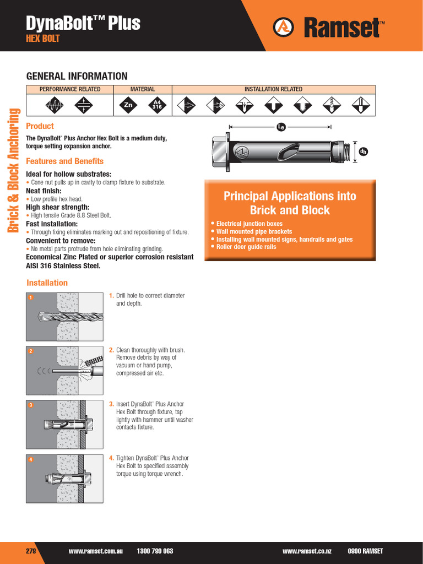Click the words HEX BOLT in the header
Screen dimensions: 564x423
click(x=43, y=39)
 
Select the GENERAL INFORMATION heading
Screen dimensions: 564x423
click(x=77, y=76)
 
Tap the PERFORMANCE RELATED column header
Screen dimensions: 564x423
click(x=70, y=89)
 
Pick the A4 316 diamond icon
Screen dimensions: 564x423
click(x=157, y=105)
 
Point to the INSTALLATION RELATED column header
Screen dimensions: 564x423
click(x=273, y=89)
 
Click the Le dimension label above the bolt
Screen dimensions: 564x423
click(x=281, y=127)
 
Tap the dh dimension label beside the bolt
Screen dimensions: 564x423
click(x=363, y=151)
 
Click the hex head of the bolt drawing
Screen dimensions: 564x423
click(x=219, y=152)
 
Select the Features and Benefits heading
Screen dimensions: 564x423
click(x=65, y=161)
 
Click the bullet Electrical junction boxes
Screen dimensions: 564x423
click(x=249, y=224)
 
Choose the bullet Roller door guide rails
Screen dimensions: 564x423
click(x=246, y=247)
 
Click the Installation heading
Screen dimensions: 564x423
click(x=47, y=283)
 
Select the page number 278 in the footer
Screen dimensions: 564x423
click(x=31, y=551)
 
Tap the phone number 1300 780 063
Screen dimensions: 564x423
click(x=155, y=551)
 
